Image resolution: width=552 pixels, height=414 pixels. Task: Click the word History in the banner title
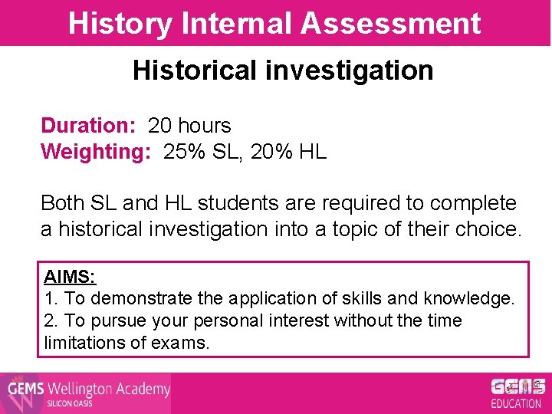tap(120, 23)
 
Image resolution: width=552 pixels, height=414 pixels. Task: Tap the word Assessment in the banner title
tap(390, 23)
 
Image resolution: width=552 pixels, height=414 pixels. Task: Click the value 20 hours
tap(189, 125)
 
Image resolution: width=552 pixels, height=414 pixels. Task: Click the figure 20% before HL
tap(273, 151)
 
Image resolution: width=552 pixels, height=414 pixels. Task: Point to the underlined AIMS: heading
tap(70, 276)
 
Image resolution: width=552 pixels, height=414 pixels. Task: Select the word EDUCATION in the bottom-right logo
tap(515, 403)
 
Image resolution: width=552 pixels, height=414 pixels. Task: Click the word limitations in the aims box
tap(81, 343)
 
